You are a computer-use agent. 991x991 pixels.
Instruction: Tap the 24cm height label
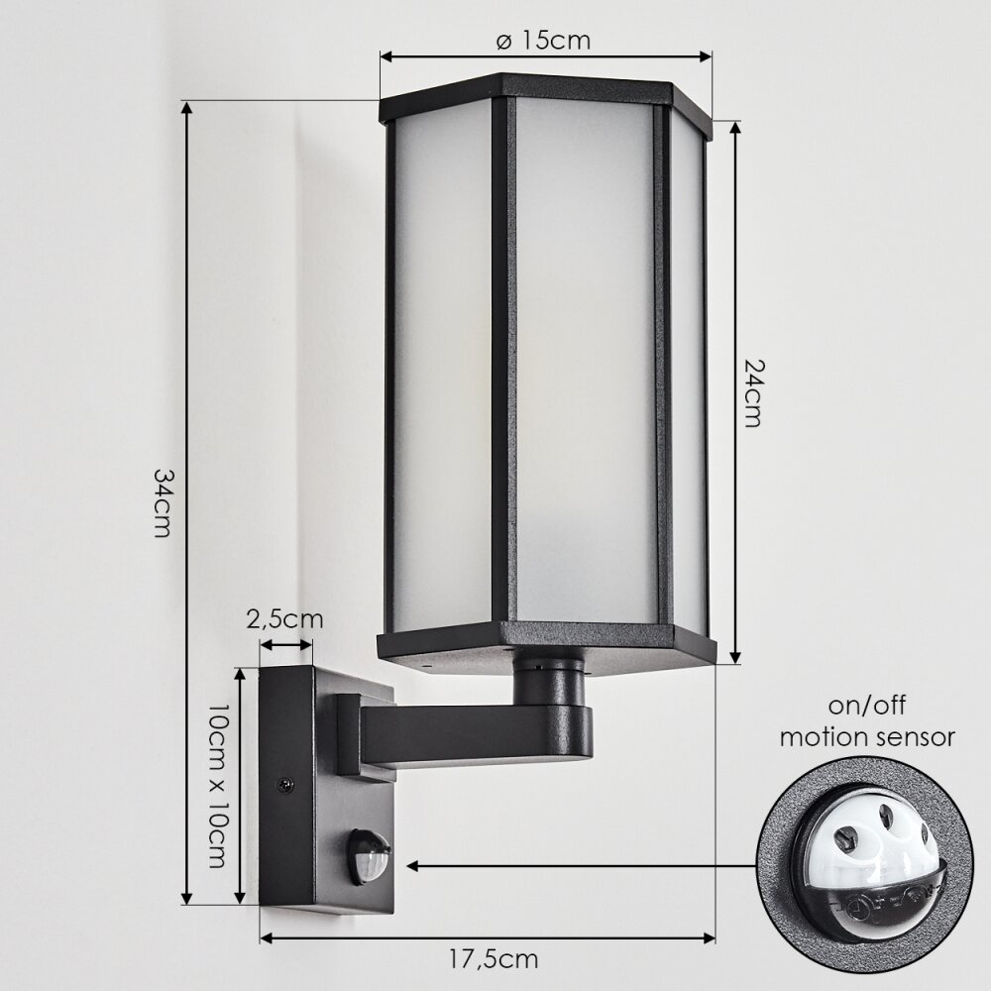(753, 392)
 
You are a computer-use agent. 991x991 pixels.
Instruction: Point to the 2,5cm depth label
(284, 620)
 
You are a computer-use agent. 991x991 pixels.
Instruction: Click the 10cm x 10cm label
(215, 786)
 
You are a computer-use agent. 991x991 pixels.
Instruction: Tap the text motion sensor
(867, 737)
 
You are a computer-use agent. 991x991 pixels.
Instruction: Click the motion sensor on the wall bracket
(368, 855)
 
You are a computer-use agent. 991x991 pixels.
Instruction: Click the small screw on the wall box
(286, 785)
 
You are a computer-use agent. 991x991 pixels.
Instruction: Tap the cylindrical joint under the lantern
(550, 684)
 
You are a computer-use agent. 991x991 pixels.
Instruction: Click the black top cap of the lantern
(545, 95)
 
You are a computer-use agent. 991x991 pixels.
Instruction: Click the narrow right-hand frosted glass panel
(687, 377)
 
